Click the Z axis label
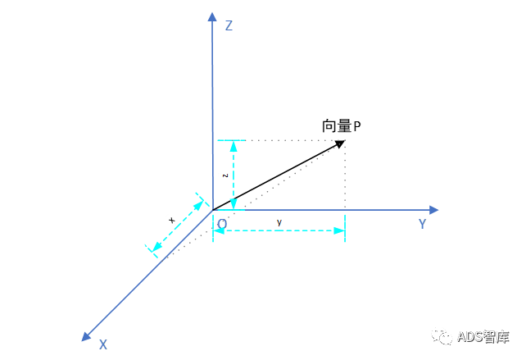[x=229, y=26]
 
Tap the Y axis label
[x=422, y=224]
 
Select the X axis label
[x=103, y=344]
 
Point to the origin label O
[x=222, y=224]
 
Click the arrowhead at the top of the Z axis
[x=212, y=16]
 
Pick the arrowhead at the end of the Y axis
[x=434, y=210]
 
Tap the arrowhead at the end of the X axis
[x=86, y=336]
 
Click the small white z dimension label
[x=224, y=175]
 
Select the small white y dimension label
[x=279, y=221]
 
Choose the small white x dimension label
[x=171, y=220]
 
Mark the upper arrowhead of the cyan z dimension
[x=234, y=146]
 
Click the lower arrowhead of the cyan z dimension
[x=234, y=204]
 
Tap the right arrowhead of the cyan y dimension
[x=339, y=230]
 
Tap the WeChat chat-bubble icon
[x=442, y=335]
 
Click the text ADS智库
[x=483, y=336]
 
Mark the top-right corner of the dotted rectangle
[x=345, y=140]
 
